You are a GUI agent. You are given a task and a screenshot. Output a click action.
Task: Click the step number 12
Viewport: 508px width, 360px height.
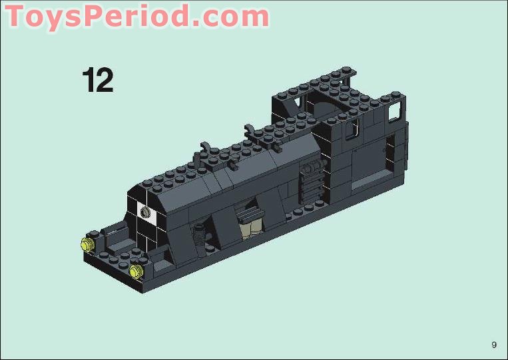98,80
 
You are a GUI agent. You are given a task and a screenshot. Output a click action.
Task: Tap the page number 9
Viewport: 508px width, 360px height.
494,345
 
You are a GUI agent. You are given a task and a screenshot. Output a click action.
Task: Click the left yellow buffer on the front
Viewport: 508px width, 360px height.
86,244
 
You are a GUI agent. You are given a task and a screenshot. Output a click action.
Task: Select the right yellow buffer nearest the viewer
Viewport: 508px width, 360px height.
137,270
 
